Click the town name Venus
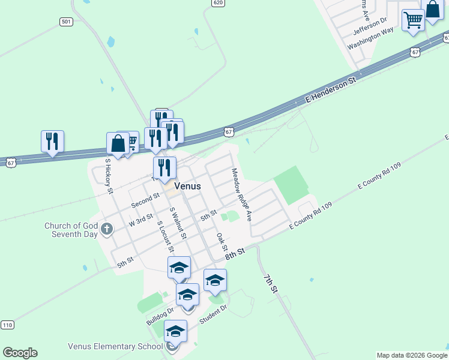[x=187, y=187]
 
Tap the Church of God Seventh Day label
[x=71, y=230]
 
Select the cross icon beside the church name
[x=107, y=229]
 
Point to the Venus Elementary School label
[x=115, y=346]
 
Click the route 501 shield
[x=66, y=22]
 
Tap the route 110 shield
[x=7, y=325]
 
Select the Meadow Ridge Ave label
[x=241, y=193]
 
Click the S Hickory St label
[x=109, y=176]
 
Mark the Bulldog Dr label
[x=160, y=316]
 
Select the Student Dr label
[x=213, y=314]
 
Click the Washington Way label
[x=370, y=37]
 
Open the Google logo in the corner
[x=20, y=353]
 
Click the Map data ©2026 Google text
[x=412, y=355]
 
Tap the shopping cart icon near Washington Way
[x=413, y=20]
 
